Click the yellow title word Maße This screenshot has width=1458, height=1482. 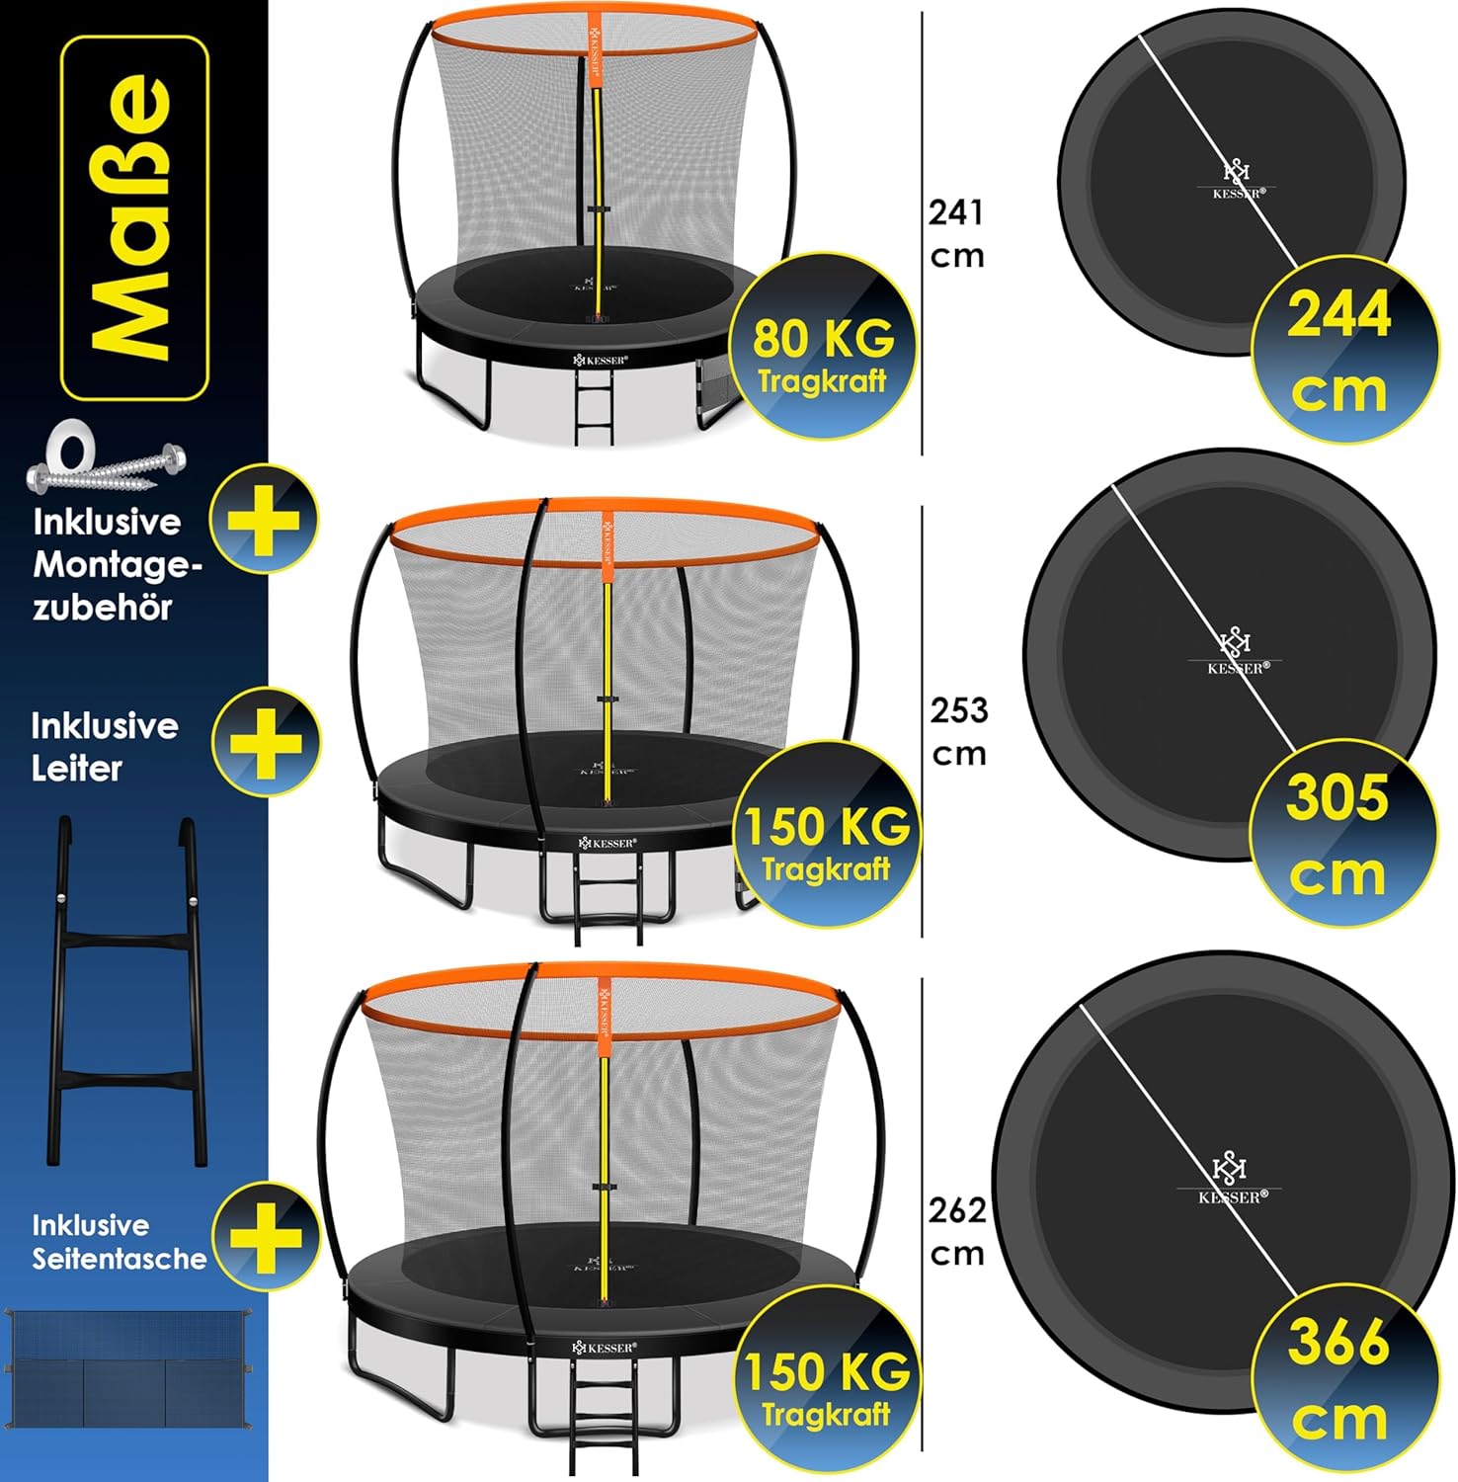134,217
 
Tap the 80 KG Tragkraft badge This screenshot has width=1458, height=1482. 822,347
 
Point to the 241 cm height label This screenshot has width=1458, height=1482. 957,233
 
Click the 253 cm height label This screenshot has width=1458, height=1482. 959,731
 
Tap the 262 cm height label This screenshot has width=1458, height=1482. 957,1231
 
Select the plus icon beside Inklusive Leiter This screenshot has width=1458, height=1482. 266,741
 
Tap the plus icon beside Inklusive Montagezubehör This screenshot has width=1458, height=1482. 264,518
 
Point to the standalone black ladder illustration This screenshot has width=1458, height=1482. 126,991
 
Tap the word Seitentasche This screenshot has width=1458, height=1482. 120,1259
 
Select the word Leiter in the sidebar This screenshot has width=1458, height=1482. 77,769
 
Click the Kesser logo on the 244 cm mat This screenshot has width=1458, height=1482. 1237,179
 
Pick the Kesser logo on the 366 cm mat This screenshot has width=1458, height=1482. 1230,1180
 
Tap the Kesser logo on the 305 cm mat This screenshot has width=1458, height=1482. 1236,651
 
